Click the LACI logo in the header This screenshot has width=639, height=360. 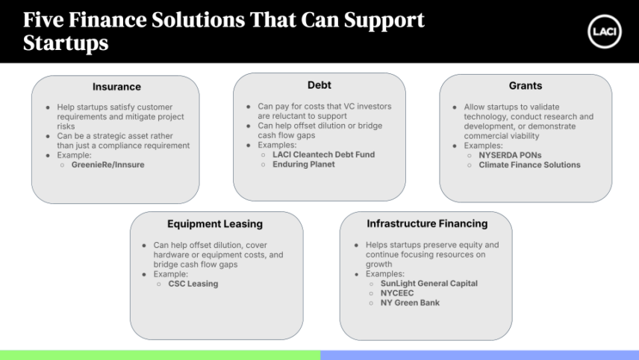605,32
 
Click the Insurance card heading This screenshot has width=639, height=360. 116,87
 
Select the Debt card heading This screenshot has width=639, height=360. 319,85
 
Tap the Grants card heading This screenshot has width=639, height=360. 526,86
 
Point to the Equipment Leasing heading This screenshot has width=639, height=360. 215,224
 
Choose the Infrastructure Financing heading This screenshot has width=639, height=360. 427,223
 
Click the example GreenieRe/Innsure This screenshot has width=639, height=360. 108,165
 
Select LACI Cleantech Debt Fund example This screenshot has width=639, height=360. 323,155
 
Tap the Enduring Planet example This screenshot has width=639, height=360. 304,164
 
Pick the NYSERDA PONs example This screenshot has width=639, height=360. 510,155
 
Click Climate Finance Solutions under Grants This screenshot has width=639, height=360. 529,165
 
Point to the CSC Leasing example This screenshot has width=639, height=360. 193,284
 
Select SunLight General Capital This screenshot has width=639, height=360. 429,283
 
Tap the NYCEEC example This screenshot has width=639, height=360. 397,293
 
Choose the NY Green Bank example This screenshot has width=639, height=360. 410,303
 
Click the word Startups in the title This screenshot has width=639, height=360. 66,43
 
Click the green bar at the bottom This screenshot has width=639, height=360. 160,355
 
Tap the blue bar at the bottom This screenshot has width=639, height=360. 480,355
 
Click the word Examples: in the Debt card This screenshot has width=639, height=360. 277,145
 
